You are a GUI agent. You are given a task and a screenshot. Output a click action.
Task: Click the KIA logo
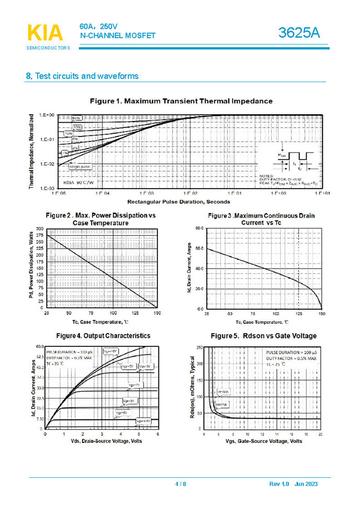(x=45, y=33)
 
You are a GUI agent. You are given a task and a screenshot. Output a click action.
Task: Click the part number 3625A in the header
(x=300, y=33)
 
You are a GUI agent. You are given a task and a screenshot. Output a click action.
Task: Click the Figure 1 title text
(x=181, y=101)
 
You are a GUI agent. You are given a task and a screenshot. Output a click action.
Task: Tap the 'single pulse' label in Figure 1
(x=80, y=167)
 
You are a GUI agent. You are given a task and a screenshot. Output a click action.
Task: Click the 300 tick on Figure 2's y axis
(x=40, y=229)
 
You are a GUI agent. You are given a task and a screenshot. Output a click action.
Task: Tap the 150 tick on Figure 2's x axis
(x=157, y=314)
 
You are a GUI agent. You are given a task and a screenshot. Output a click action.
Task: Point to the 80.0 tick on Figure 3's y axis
(x=200, y=228)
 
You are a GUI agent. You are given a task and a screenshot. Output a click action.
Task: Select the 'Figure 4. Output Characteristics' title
(x=103, y=336)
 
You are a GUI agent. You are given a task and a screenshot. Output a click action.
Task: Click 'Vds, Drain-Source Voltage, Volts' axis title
(x=102, y=441)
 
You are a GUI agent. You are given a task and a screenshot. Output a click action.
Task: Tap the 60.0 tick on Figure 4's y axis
(x=39, y=347)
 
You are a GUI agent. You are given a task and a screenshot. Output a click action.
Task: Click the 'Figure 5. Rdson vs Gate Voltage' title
(x=264, y=336)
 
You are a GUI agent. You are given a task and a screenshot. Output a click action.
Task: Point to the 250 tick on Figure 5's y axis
(x=200, y=347)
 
